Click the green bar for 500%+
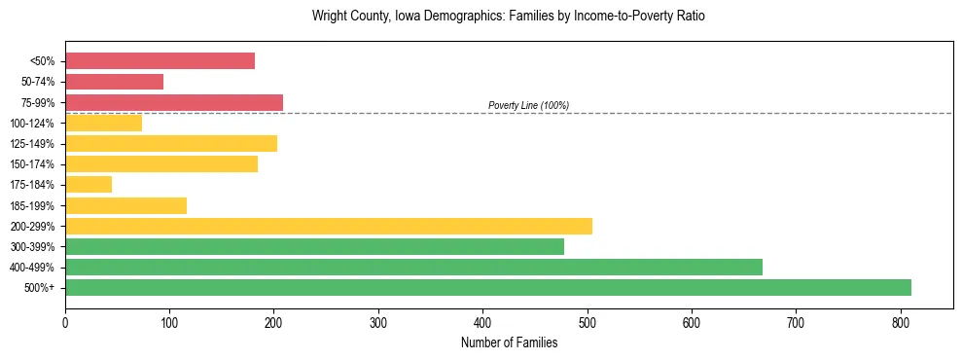(x=487, y=287)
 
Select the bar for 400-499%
(x=413, y=267)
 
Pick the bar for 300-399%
(x=314, y=246)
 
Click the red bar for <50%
(x=160, y=61)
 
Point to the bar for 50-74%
(x=114, y=82)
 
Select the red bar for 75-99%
(x=173, y=102)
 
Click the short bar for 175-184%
(x=89, y=184)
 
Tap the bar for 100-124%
(x=103, y=123)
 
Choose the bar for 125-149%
(x=170, y=143)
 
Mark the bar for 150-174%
(x=160, y=163)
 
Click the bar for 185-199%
(x=125, y=205)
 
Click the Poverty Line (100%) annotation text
(x=528, y=105)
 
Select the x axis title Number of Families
(x=509, y=342)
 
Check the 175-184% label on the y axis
(x=32, y=185)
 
